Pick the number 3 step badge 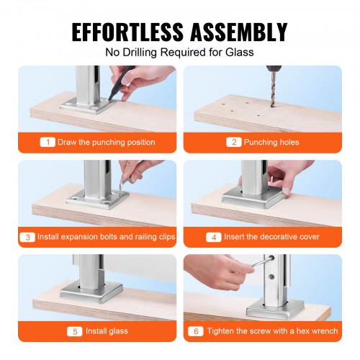pyautogui.click(x=27, y=236)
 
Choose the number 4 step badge pyautogui.click(x=212, y=236)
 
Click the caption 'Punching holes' pyautogui.click(x=271, y=142)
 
